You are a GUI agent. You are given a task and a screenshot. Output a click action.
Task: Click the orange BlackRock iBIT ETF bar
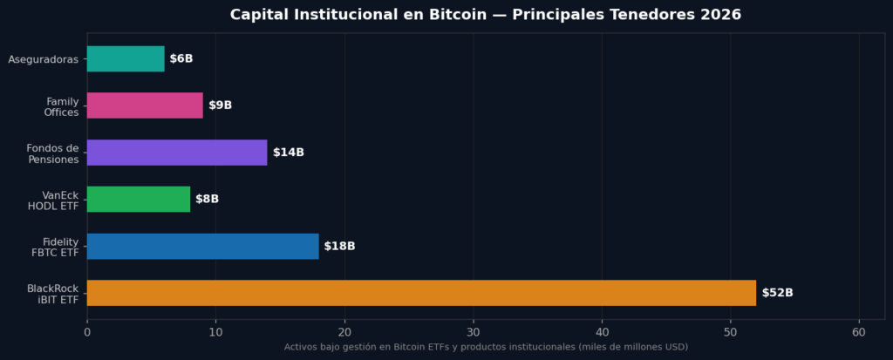click(421, 293)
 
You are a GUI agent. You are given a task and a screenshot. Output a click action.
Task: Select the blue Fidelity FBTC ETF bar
click(202, 246)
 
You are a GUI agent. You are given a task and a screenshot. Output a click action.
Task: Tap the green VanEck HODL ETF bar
click(139, 200)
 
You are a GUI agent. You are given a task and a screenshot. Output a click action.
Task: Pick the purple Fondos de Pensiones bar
click(177, 152)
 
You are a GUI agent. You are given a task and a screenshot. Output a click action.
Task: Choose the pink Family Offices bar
click(145, 105)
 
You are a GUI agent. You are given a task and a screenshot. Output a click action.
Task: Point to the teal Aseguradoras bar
click(126, 58)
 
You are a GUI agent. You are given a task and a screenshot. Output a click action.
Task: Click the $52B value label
click(777, 293)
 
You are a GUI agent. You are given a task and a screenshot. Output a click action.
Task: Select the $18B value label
click(339, 246)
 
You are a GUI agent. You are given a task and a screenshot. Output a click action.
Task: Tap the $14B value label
click(288, 152)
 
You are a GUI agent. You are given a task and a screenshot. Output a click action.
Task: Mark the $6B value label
click(181, 58)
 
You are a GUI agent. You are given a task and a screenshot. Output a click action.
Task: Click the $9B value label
click(220, 105)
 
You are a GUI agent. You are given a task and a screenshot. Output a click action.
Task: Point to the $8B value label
click(207, 200)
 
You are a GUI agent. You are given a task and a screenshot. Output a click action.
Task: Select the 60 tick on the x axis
click(859, 331)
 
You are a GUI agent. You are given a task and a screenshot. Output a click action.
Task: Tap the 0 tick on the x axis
click(87, 331)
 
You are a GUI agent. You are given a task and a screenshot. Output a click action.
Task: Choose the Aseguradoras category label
click(44, 59)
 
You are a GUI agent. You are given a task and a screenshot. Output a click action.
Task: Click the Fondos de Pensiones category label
click(52, 153)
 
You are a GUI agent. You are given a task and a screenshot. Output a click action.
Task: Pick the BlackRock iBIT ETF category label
click(53, 295)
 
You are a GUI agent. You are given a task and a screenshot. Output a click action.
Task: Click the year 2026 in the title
click(721, 14)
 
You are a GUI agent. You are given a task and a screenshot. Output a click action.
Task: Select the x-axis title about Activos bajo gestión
click(486, 346)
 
